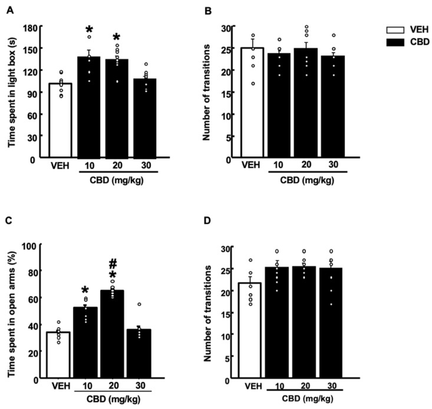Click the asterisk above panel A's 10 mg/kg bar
89,31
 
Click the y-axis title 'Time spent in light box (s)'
12,93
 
